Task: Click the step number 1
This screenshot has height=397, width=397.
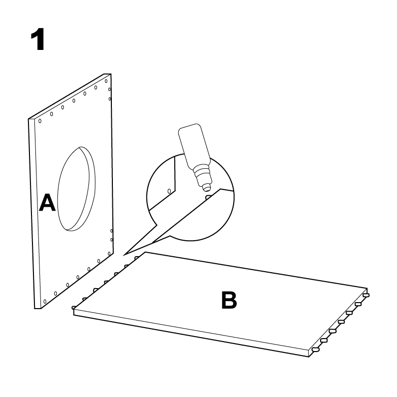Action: click(38, 39)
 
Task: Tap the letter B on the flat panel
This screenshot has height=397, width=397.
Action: click(229, 300)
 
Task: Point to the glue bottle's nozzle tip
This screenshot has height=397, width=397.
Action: click(206, 188)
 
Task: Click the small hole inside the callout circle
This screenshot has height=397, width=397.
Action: click(169, 191)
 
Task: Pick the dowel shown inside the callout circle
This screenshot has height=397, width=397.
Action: click(208, 197)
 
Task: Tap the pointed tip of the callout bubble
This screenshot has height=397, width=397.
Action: click(124, 255)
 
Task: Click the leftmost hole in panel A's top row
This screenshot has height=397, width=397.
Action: click(40, 121)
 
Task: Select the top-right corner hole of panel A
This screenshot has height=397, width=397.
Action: click(106, 81)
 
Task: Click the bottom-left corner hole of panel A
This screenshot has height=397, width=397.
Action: click(45, 301)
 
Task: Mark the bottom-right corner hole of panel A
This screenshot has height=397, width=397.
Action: click(109, 254)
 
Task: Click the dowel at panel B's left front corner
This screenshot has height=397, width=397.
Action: click(74, 308)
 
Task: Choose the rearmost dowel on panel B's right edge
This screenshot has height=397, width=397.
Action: click(366, 295)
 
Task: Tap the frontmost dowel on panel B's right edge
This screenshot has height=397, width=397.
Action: click(316, 350)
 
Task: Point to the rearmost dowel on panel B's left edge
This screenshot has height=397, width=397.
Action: click(137, 258)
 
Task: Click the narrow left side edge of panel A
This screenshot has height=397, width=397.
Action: click(31, 213)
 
